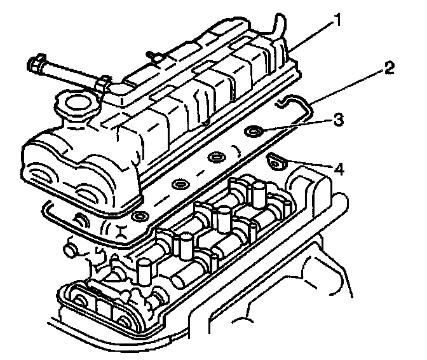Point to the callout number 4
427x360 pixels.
(339, 169)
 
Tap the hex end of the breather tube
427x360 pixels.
(35, 64)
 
